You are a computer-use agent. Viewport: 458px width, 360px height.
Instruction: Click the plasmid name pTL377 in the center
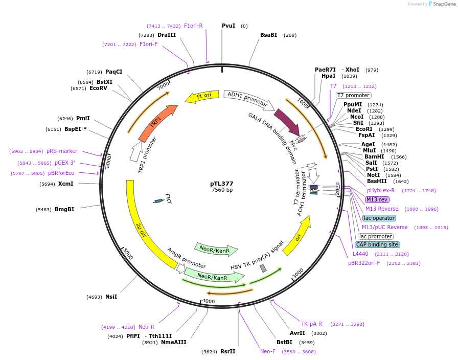pyautogui.click(x=222, y=183)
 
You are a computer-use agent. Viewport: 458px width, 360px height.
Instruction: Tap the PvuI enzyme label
pyautogui.click(x=228, y=26)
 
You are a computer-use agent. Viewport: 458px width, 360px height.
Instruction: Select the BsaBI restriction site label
pyautogui.click(x=268, y=35)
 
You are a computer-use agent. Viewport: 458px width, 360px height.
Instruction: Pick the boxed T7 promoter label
pyautogui.click(x=353, y=95)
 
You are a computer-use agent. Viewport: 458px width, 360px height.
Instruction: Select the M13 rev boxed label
pyautogui.click(x=377, y=199)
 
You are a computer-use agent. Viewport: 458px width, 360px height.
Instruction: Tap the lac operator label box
pyautogui.click(x=379, y=218)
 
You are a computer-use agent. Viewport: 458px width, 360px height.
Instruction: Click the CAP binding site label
pyautogui.click(x=378, y=244)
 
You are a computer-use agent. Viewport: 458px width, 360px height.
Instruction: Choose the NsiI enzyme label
pyautogui.click(x=111, y=297)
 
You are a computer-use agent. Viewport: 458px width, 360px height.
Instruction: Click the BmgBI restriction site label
pyautogui.click(x=64, y=210)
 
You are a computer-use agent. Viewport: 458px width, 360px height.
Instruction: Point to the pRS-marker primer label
pyautogui.click(x=62, y=151)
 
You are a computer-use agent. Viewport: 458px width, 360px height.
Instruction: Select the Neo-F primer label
pyautogui.click(x=268, y=351)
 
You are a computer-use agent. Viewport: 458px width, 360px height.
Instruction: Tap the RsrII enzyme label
pyautogui.click(x=228, y=351)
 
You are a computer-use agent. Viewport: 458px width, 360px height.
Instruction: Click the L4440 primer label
pyautogui.click(x=360, y=254)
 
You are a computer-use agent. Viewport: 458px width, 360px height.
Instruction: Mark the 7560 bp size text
pyautogui.click(x=222, y=190)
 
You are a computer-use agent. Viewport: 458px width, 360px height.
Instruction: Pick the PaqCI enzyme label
pyautogui.click(x=113, y=72)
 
